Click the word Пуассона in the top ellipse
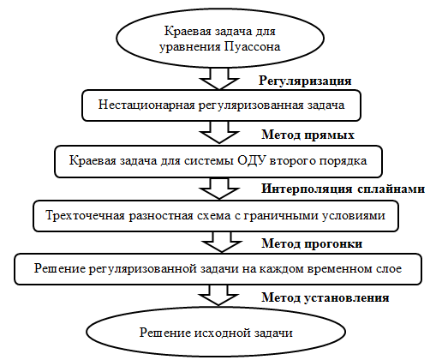(x=252, y=47)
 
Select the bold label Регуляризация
(x=305, y=81)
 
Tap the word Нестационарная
(x=146, y=105)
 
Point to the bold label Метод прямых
(x=308, y=135)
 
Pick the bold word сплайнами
(x=391, y=189)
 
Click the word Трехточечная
(x=85, y=215)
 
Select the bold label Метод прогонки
(x=312, y=243)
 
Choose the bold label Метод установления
(x=326, y=297)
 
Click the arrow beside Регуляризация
(x=219, y=79)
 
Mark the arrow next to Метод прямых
(x=219, y=132)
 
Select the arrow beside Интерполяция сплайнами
(x=219, y=189)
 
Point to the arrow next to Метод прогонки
(x=222, y=242)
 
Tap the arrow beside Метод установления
(x=218, y=296)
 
